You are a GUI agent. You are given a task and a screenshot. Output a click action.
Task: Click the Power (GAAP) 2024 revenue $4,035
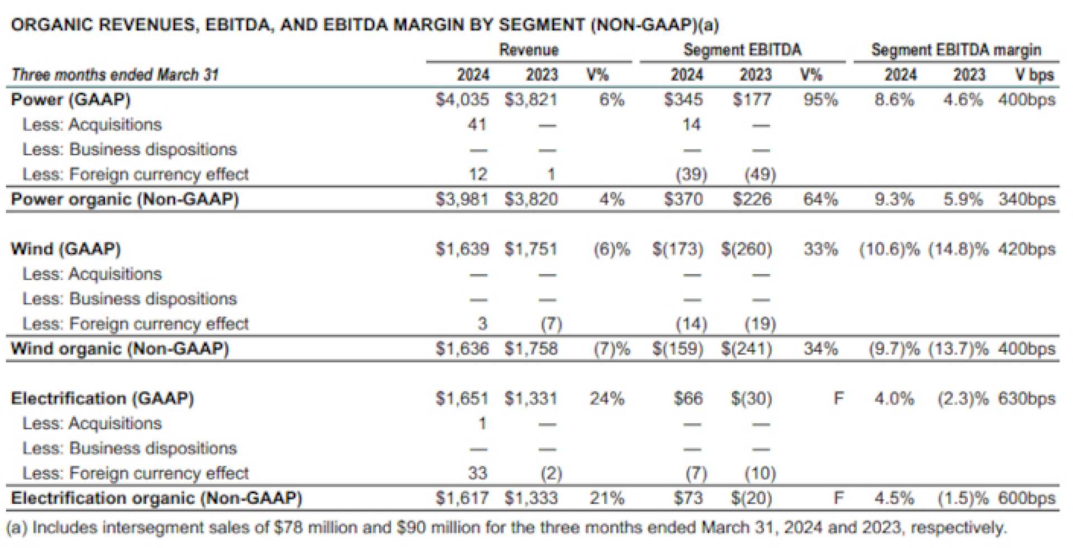[462, 100]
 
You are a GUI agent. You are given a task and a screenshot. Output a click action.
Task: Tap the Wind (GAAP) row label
[66, 249]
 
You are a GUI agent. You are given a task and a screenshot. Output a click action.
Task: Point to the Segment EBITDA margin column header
[956, 50]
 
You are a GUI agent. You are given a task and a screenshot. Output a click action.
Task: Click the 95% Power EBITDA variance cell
[820, 100]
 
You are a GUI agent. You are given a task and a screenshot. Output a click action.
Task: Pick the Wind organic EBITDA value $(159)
[677, 348]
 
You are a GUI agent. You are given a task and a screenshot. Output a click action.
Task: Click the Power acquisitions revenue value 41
[477, 124]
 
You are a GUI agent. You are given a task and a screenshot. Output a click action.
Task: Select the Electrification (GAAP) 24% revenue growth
[606, 399]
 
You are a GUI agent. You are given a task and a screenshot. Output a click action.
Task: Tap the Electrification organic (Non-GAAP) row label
[156, 498]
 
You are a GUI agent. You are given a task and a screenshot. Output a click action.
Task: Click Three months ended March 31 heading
[115, 74]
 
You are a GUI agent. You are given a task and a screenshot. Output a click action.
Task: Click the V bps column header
[1034, 74]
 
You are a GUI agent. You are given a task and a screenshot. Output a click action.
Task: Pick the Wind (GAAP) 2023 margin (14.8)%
[958, 249]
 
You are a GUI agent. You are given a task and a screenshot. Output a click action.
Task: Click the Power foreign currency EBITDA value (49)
[759, 174]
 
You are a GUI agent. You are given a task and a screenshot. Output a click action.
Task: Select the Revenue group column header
[529, 50]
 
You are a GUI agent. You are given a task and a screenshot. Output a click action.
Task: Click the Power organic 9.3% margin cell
[894, 199]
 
